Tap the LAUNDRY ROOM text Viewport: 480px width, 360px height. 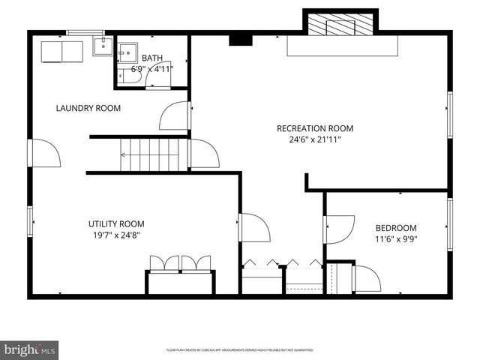88,108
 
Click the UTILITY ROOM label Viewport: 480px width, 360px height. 116,223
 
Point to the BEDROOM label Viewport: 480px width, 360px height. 396,228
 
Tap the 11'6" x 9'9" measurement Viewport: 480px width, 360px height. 396,240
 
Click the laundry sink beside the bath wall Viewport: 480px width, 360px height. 102,46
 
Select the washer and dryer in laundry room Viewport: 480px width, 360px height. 61,51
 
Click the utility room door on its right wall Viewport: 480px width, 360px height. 253,227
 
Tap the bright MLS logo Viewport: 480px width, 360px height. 30,349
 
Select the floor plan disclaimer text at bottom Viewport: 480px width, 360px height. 239,350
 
